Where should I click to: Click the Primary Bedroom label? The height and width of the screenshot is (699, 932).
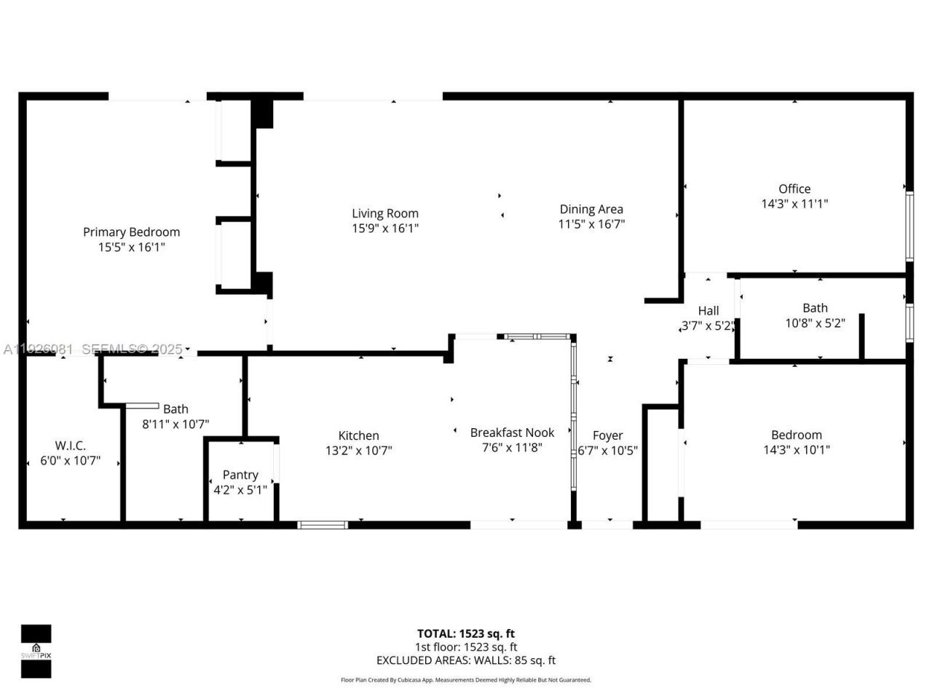[131, 232]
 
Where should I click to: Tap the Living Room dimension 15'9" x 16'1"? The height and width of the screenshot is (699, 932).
[385, 229]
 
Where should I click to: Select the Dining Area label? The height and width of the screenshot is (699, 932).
[591, 209]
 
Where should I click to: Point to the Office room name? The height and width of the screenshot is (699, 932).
[794, 189]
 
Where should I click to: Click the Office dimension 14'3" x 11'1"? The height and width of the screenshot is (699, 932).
[794, 204]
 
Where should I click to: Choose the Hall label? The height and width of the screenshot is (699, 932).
[708, 310]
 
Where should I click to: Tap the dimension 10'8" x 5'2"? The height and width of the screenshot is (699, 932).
[815, 323]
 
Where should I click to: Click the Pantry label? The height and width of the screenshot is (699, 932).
[240, 475]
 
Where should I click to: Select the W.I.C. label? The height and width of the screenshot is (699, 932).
[70, 445]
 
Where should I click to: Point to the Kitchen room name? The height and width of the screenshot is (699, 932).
[358, 435]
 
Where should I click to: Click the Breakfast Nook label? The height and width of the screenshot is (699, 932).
[512, 433]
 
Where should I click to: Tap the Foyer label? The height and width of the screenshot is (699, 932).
[607, 435]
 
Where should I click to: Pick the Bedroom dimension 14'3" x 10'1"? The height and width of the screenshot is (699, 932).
[796, 450]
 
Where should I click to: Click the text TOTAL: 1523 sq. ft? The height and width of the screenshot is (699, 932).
[465, 633]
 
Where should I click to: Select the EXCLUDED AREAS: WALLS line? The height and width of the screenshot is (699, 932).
[465, 660]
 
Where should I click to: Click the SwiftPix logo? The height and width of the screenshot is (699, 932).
[36, 651]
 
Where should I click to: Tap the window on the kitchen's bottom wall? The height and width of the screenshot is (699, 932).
[323, 524]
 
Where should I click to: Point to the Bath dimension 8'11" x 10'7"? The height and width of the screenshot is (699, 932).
[175, 424]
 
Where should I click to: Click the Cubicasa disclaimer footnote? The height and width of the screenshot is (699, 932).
[465, 680]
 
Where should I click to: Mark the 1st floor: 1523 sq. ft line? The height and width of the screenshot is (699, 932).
[465, 647]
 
